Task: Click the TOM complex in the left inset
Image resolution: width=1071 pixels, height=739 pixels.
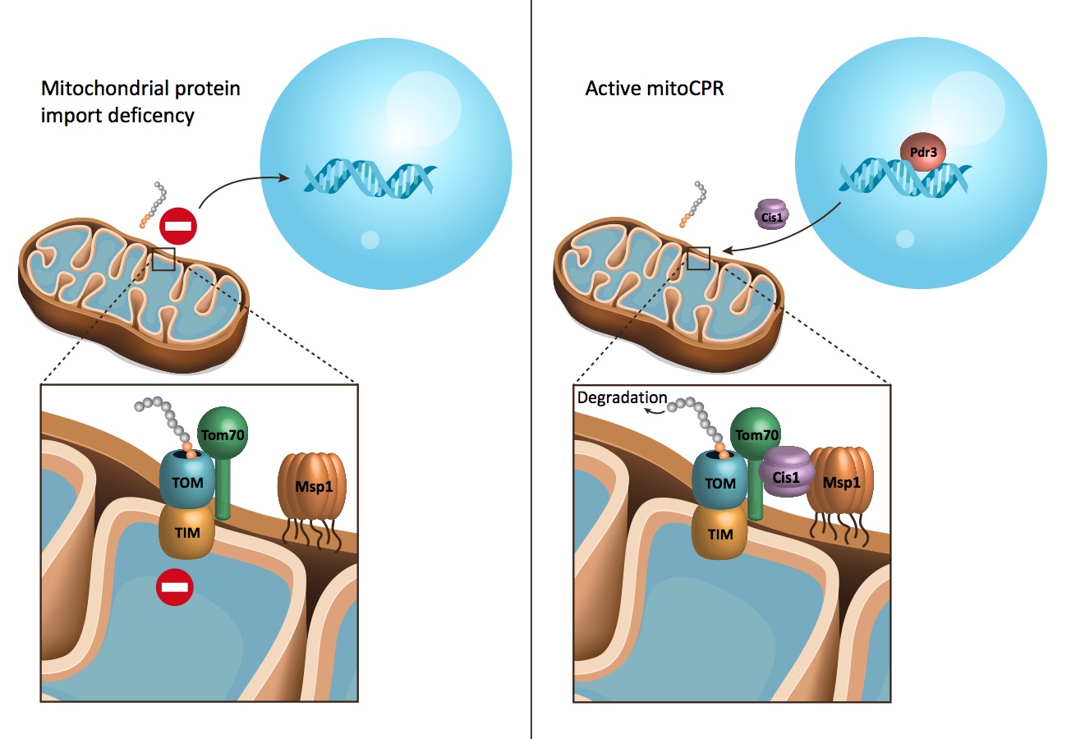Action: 187,481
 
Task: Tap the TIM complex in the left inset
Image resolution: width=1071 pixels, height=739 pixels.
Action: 186,531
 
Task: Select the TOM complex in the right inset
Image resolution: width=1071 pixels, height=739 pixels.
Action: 719,482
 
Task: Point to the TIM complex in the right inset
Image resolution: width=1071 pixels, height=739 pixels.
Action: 719,533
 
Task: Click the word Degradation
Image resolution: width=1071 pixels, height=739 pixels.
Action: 622,398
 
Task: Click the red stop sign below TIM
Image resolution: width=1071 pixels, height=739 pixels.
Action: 176,588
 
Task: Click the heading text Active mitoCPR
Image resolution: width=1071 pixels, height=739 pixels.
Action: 644,88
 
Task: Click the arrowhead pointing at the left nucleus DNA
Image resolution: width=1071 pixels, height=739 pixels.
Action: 287,176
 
